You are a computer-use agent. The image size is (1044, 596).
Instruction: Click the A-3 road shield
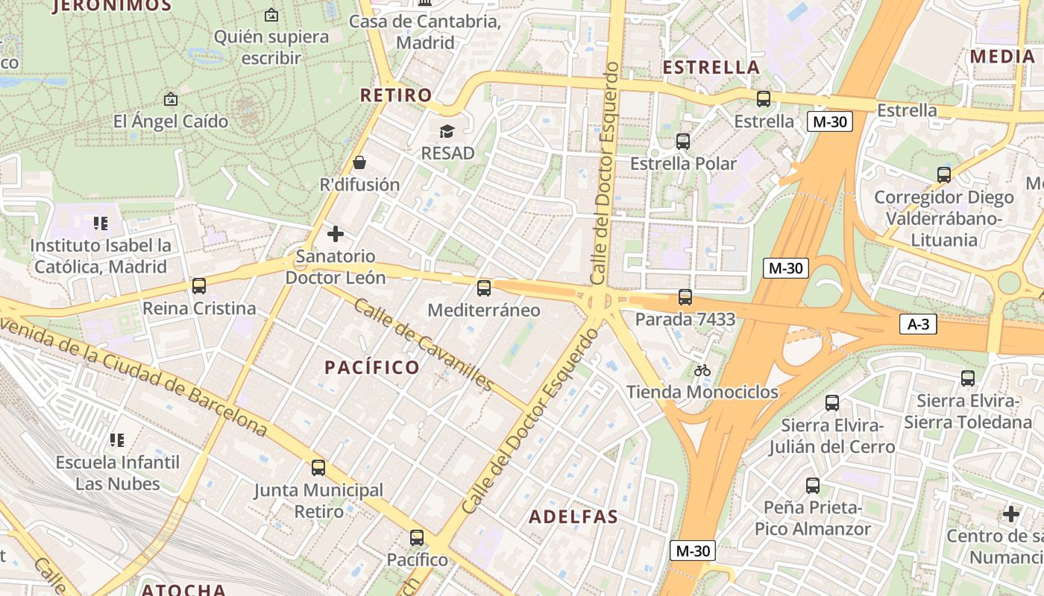[917, 325]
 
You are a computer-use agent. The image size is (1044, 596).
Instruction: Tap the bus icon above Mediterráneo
[484, 288]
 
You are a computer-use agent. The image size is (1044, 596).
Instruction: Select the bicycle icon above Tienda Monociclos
[702, 370]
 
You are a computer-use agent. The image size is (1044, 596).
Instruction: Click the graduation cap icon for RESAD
[447, 132]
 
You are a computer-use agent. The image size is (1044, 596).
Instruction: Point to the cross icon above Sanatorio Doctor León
[336, 234]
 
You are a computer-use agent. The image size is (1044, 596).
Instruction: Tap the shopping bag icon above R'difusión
[359, 162]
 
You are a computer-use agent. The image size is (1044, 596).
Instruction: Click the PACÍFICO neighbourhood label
[372, 367]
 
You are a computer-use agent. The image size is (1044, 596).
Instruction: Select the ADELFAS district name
[573, 517]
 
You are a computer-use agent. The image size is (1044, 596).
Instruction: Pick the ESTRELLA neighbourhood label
[711, 67]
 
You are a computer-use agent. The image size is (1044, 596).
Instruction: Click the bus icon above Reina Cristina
[198, 286]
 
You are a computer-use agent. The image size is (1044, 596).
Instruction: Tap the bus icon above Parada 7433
[685, 297]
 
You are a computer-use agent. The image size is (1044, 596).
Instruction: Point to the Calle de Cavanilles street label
[423, 344]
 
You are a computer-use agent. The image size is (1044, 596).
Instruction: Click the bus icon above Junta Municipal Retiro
[318, 468]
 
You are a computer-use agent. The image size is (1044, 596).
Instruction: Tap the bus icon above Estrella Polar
[683, 142]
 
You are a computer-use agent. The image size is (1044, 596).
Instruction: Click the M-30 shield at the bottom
[693, 551]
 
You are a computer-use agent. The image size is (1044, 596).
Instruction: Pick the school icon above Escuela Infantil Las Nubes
[117, 440]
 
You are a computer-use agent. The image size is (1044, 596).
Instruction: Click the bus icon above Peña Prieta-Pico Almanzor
[813, 486]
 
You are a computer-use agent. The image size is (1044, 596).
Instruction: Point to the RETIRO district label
[396, 95]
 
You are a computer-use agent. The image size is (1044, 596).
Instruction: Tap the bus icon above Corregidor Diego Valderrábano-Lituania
[944, 175]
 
